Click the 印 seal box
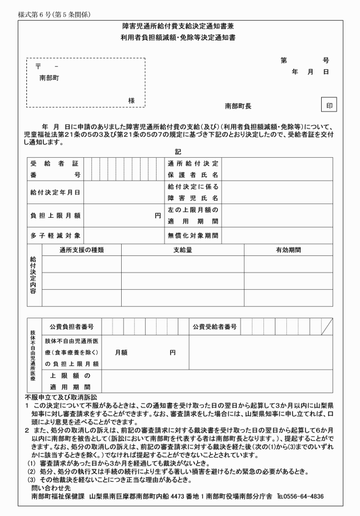[329, 106]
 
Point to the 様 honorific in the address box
[131, 100]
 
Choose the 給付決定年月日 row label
[55, 193]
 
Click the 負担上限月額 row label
[55, 216]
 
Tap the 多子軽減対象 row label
[55, 235]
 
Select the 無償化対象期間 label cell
[193, 235]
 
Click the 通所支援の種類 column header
[81, 250]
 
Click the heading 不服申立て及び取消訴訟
[62, 396]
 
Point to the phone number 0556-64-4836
[303, 496]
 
